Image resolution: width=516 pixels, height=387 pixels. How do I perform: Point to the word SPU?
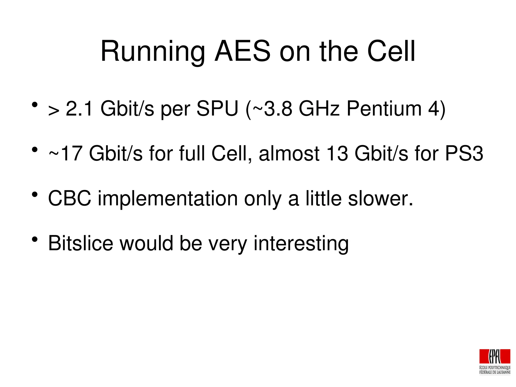point(217,109)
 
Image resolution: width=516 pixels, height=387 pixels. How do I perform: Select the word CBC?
point(70,198)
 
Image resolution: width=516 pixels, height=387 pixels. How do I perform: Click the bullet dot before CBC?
point(35,194)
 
